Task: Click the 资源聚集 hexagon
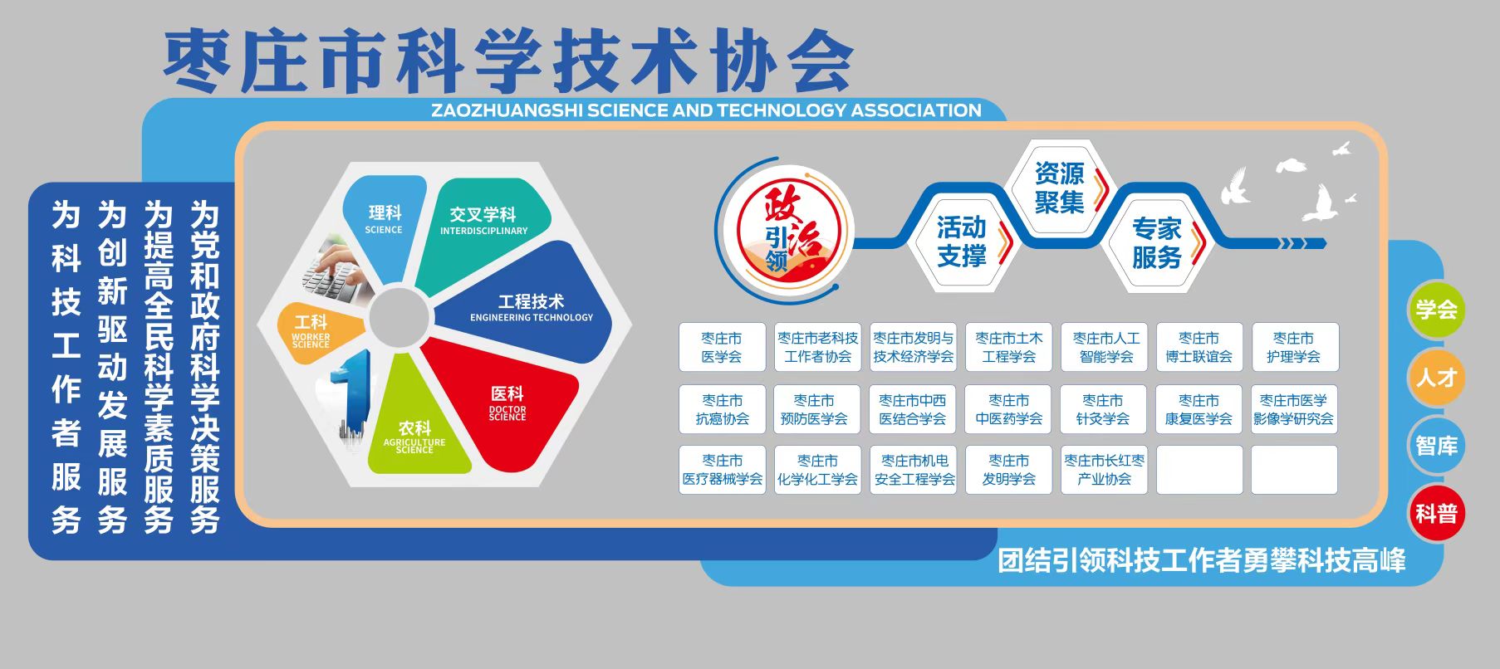[x=1060, y=188]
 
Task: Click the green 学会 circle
[x=1436, y=310]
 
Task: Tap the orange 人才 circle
[x=1436, y=378]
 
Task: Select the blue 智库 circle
[x=1436, y=446]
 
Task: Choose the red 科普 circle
[x=1436, y=514]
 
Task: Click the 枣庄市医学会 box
[x=722, y=347]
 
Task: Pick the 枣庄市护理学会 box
[x=1295, y=347]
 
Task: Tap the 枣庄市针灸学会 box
[x=1103, y=409]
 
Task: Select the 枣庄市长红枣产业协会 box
[x=1104, y=470]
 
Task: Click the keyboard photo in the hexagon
[x=336, y=270]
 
